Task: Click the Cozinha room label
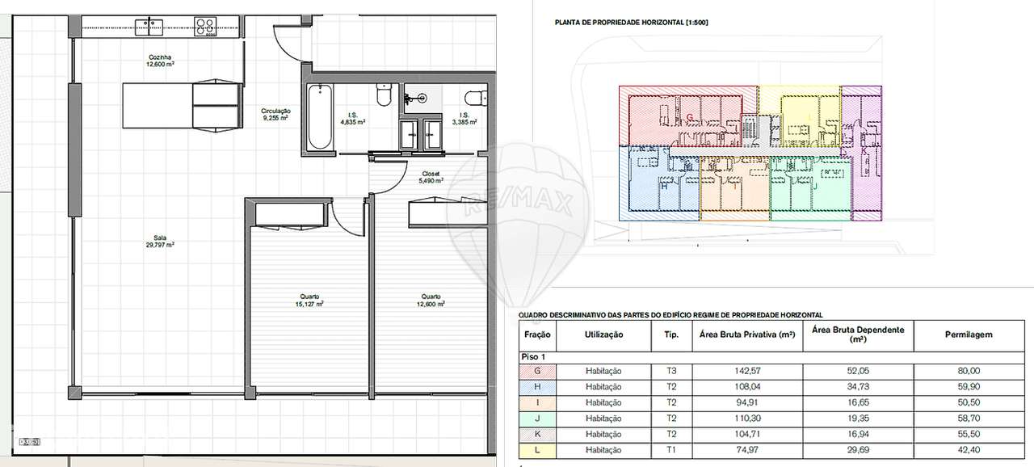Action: [161, 61]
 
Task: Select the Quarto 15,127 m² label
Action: [309, 301]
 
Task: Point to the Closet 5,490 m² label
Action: [430, 178]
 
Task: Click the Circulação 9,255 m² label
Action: [275, 114]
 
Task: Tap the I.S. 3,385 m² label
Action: [465, 119]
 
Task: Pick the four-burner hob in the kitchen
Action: [206, 25]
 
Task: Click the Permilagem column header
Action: [968, 334]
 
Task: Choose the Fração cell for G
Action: [537, 371]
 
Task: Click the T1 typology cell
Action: [670, 450]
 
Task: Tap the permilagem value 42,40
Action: [968, 450]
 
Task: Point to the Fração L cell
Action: [537, 450]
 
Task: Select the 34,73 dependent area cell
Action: [857, 386]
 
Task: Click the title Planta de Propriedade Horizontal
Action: [631, 23]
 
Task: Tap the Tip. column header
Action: [670, 334]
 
